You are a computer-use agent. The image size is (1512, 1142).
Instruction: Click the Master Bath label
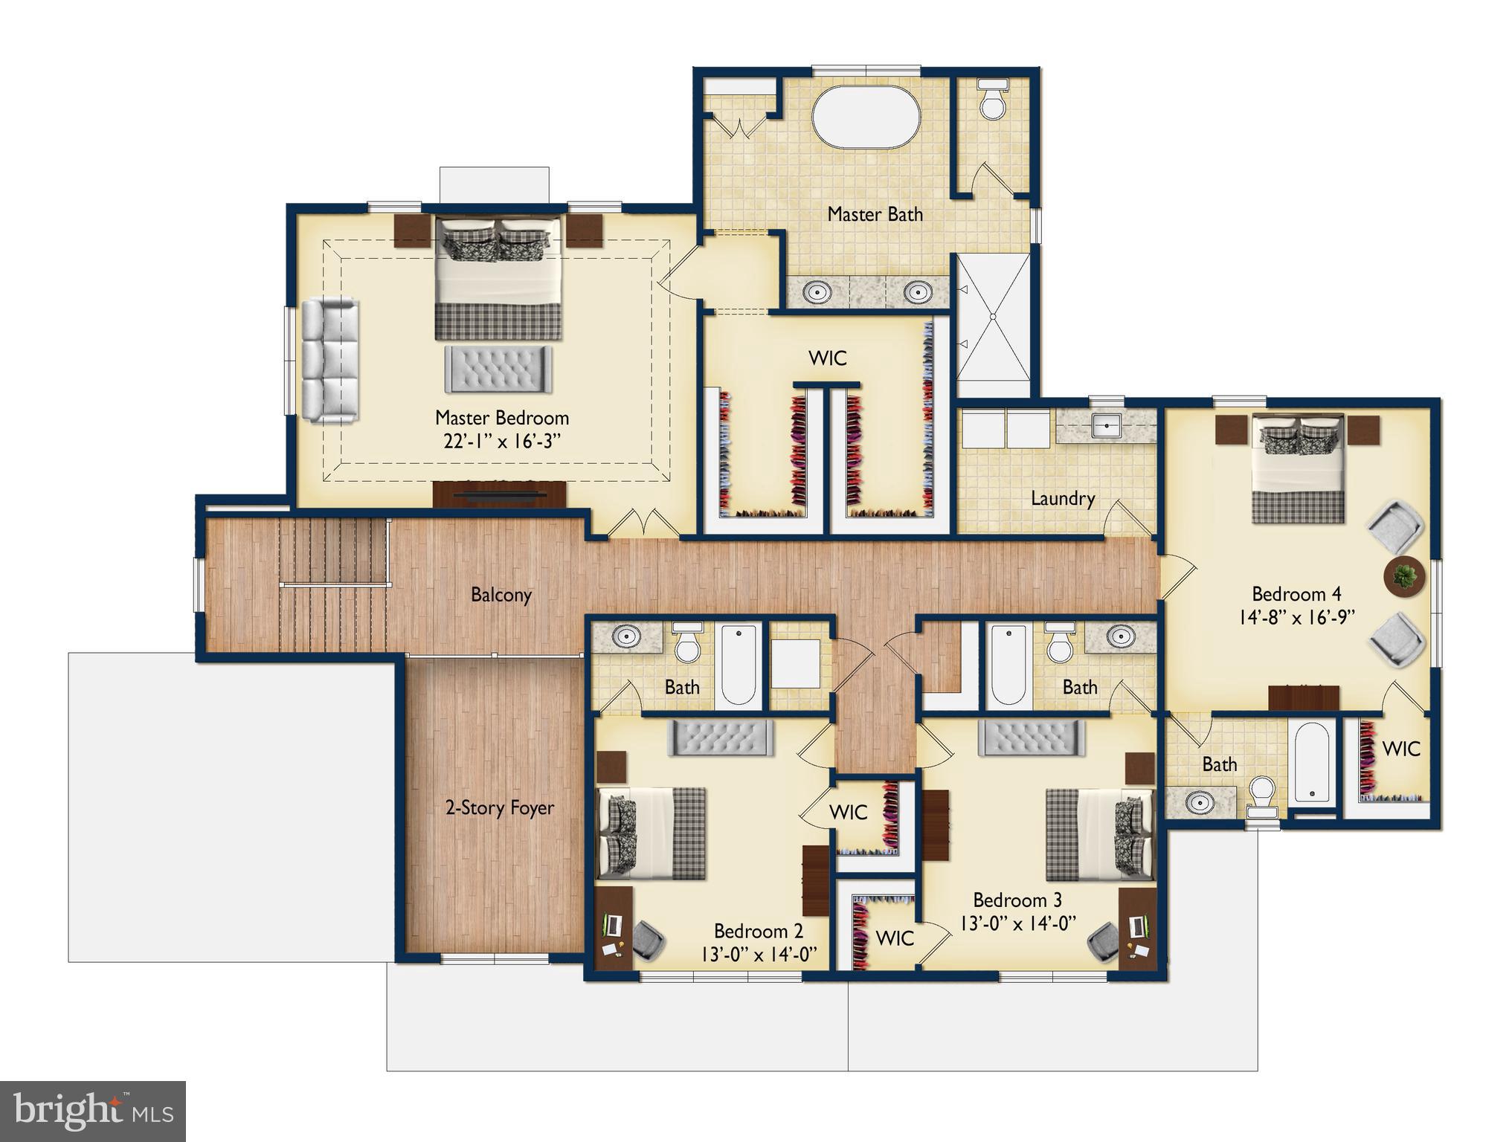point(875,214)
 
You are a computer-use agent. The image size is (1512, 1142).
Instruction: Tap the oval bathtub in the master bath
point(866,118)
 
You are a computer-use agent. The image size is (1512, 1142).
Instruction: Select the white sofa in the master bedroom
point(329,361)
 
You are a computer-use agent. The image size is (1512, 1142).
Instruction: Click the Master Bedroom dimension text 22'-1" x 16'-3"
point(501,442)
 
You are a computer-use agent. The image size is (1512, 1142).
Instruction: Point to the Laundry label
point(1062,498)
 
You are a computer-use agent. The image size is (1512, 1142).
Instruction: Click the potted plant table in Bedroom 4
point(1405,575)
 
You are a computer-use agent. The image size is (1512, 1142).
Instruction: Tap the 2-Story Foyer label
point(499,807)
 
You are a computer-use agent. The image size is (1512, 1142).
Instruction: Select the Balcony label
point(501,595)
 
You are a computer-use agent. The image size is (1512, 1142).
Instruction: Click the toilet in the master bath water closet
point(992,103)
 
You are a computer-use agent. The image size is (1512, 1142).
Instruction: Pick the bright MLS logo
point(92,1111)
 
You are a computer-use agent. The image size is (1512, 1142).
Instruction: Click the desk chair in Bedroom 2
point(648,941)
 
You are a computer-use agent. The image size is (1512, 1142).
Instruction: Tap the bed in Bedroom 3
point(1099,835)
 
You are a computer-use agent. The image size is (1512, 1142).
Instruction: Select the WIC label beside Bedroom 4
point(1400,749)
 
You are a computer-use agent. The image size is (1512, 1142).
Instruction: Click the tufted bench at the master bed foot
point(498,370)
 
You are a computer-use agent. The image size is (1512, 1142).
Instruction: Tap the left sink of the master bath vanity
point(818,292)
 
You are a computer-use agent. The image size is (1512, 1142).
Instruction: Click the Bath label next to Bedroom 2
point(681,687)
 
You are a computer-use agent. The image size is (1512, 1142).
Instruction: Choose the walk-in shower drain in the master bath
point(993,317)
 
